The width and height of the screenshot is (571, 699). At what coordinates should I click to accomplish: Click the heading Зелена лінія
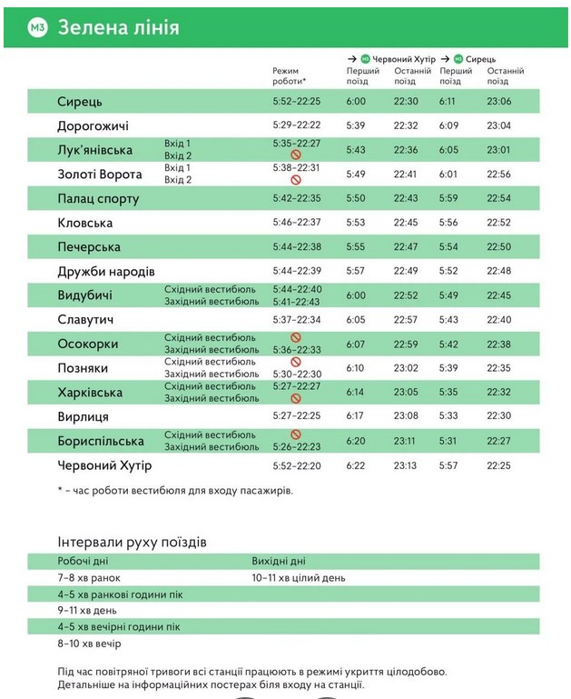(x=118, y=27)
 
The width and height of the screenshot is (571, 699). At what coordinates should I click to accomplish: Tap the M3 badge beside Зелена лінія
(x=37, y=27)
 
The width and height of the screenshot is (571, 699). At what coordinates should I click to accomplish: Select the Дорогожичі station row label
(x=93, y=125)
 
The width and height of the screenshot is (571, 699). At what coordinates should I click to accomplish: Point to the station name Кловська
(x=84, y=223)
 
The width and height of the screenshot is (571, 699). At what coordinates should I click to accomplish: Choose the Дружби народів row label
(x=106, y=271)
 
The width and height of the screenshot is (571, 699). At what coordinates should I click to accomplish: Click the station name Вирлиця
(x=83, y=416)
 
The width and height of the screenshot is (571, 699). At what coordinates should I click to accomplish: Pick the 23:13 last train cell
(x=406, y=465)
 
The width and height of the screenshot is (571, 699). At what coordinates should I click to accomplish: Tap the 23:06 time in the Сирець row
(x=499, y=102)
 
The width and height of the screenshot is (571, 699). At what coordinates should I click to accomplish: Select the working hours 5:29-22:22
(x=297, y=125)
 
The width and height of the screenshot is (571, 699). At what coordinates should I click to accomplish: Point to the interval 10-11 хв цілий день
(x=299, y=577)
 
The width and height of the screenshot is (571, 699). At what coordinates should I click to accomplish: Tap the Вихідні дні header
(x=279, y=561)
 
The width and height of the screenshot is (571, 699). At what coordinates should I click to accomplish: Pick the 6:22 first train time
(x=356, y=465)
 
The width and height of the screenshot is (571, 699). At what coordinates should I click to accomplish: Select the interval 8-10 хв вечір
(x=89, y=643)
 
